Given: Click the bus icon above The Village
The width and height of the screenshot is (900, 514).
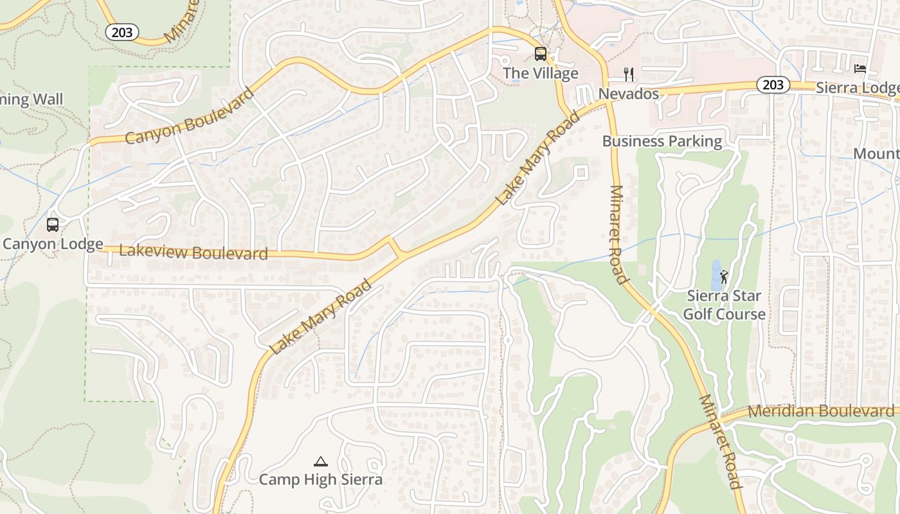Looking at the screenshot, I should [541, 54].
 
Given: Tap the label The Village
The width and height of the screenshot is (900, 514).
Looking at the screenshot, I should [541, 73].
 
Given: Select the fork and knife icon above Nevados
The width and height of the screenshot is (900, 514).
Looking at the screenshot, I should [629, 75].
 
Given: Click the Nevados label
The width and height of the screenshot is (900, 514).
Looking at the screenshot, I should [629, 94].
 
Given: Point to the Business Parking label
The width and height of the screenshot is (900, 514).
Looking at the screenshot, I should [662, 141].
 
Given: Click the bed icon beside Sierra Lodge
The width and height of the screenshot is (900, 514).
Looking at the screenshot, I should [860, 69].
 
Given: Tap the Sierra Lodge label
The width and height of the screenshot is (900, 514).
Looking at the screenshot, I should [858, 88].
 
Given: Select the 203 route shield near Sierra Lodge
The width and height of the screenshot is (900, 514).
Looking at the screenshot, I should [773, 85].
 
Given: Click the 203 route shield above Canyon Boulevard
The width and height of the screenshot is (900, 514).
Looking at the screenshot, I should [122, 32].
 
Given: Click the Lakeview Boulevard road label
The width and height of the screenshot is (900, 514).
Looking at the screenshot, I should [194, 252].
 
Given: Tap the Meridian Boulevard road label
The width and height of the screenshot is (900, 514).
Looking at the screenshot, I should [821, 411].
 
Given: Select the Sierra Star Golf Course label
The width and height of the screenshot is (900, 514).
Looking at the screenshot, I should [724, 305].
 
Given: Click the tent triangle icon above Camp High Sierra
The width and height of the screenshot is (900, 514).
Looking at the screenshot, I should [320, 461].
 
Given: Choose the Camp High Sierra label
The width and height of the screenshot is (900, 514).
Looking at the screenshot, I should [320, 479].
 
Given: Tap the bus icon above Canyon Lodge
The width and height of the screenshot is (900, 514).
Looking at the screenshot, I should [53, 225].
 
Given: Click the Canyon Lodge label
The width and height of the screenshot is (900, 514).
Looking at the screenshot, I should [53, 244].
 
